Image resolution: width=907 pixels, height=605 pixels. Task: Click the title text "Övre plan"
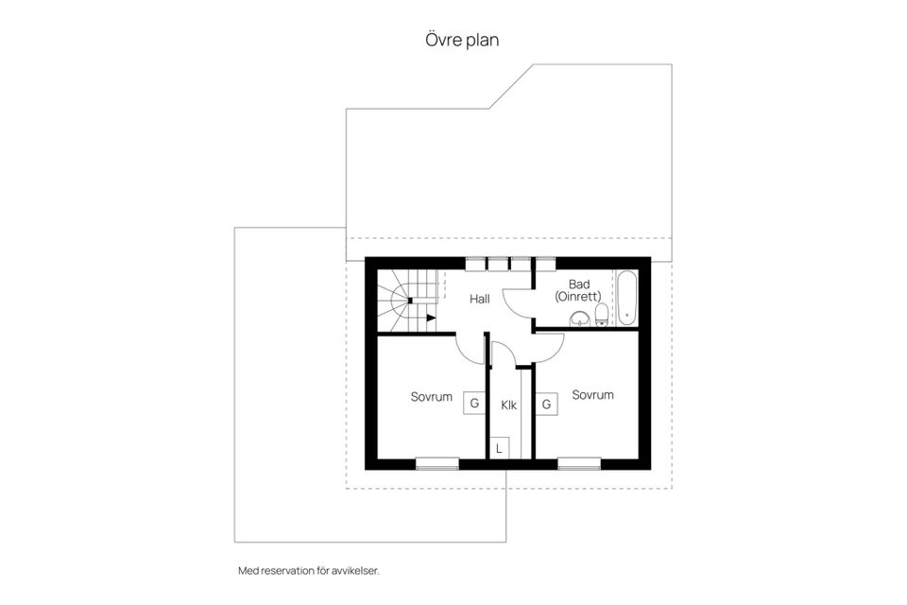[x=462, y=41]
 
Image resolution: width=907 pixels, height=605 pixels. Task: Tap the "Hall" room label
[x=480, y=299]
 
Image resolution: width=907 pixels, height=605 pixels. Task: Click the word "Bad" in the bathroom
[x=579, y=285]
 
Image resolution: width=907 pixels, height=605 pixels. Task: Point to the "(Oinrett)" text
[x=578, y=297]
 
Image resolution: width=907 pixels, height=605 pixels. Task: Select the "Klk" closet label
[x=509, y=406]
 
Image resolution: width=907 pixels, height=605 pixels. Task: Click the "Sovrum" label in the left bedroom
[x=432, y=397]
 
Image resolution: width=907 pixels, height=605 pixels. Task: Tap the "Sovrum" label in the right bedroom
[x=593, y=395]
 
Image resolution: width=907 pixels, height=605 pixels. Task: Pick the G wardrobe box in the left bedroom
[x=474, y=403]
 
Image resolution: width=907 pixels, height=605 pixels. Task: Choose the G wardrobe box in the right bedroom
[x=546, y=404]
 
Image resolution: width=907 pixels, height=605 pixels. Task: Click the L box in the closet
[x=499, y=448]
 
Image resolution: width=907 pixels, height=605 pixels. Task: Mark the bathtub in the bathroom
[x=626, y=299]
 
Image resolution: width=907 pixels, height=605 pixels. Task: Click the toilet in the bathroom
[x=602, y=315]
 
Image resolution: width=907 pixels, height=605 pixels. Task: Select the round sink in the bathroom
[x=579, y=319]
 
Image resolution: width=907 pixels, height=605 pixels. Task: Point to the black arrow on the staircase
[x=431, y=318]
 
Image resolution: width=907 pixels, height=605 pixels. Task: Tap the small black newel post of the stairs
[x=410, y=301]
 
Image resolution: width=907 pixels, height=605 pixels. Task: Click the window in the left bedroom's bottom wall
[x=437, y=464]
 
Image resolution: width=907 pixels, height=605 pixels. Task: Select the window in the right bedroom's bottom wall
[x=579, y=464]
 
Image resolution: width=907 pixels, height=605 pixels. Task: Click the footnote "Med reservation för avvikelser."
[x=309, y=571]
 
